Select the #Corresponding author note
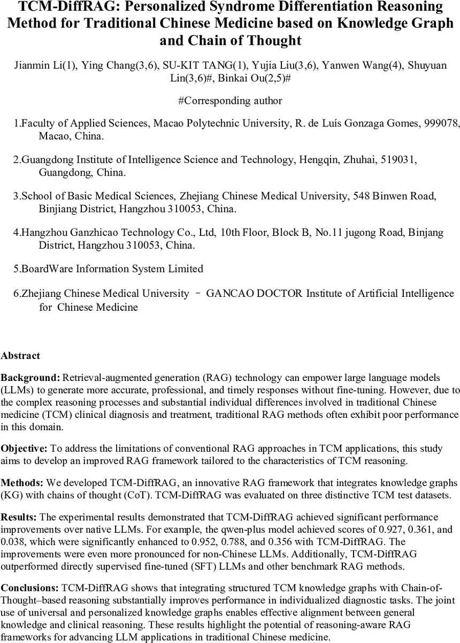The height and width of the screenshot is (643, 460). (x=230, y=100)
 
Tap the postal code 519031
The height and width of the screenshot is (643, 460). (x=398, y=160)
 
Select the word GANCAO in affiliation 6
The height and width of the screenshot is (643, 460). (x=227, y=294)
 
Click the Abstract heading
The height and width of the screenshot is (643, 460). (x=20, y=355)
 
